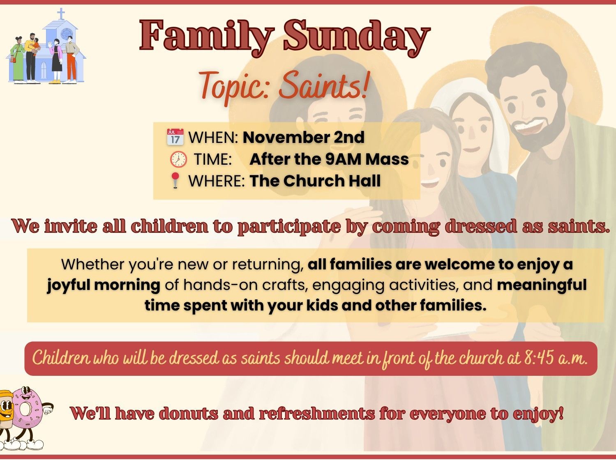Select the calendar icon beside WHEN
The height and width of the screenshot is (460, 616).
click(x=175, y=137)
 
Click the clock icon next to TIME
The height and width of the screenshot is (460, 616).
click(x=178, y=159)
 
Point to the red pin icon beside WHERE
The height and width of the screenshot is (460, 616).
click(x=175, y=180)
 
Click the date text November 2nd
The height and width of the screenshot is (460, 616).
click(x=303, y=138)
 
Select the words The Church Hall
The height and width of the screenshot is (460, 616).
click(x=315, y=180)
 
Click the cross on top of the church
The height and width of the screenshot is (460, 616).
click(x=61, y=13)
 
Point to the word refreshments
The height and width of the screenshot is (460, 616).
click(x=317, y=414)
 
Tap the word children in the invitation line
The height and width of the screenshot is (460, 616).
click(x=169, y=226)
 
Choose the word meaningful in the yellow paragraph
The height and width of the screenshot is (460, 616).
click(x=542, y=285)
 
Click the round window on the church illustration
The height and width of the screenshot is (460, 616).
click(x=67, y=34)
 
